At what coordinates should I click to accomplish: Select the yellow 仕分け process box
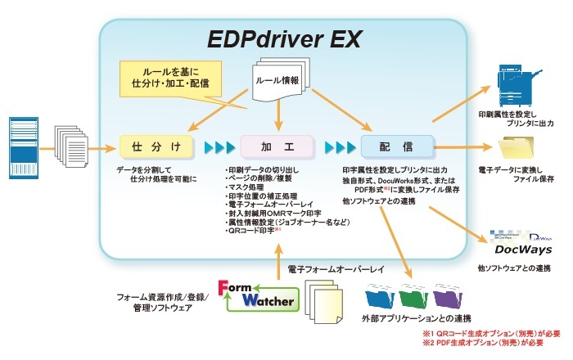point(156,146)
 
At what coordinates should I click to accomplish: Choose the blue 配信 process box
point(396,146)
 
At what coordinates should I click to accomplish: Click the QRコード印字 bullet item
point(253,231)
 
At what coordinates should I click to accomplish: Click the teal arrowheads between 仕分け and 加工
point(219,147)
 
